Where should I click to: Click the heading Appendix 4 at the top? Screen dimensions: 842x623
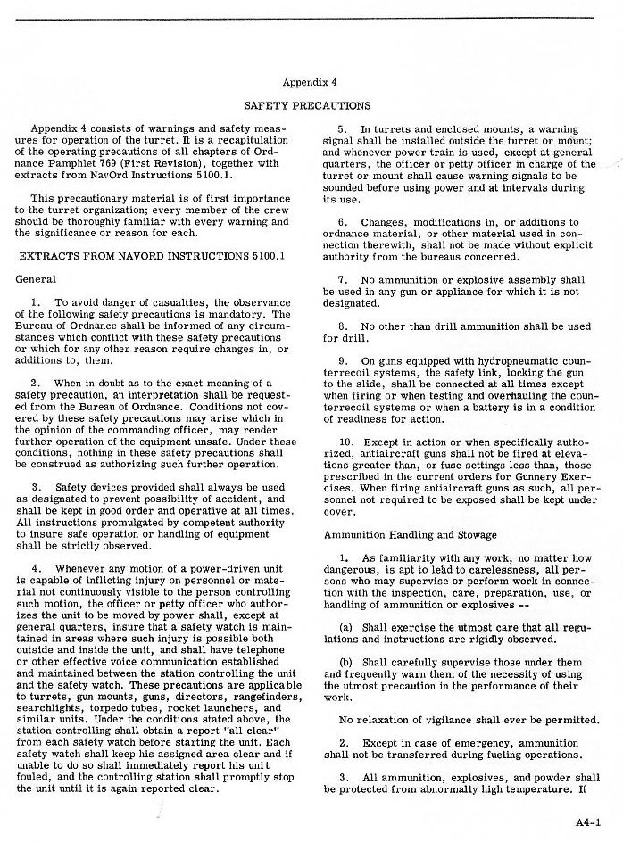pos(308,82)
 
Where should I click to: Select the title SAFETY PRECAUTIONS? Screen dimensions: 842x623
pos(308,105)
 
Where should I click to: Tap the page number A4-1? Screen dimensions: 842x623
pos(588,822)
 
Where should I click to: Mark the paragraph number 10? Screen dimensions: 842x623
pos(346,442)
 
